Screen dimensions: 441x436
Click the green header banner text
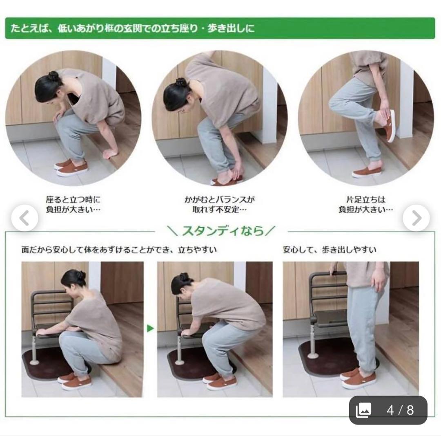pyautogui.click(x=132, y=29)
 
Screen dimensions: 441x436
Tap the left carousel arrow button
pyautogui.click(x=25, y=218)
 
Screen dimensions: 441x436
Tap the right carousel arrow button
pyautogui.click(x=416, y=218)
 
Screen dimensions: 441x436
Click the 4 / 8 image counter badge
pyautogui.click(x=388, y=410)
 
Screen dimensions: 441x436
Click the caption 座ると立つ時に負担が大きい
pyautogui.click(x=73, y=205)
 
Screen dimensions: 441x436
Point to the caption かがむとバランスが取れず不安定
pyautogui.click(x=220, y=205)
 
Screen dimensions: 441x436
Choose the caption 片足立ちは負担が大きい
pyautogui.click(x=365, y=205)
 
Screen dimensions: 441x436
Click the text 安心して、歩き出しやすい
pyautogui.click(x=330, y=250)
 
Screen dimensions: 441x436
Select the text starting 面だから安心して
pyautogui.click(x=119, y=250)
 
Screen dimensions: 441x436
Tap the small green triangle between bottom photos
pyautogui.click(x=150, y=328)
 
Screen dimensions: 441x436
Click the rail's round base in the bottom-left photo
pyautogui.click(x=34, y=362)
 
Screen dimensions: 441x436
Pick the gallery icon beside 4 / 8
pyautogui.click(x=364, y=410)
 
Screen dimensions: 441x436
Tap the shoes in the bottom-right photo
pyautogui.click(x=358, y=379)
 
